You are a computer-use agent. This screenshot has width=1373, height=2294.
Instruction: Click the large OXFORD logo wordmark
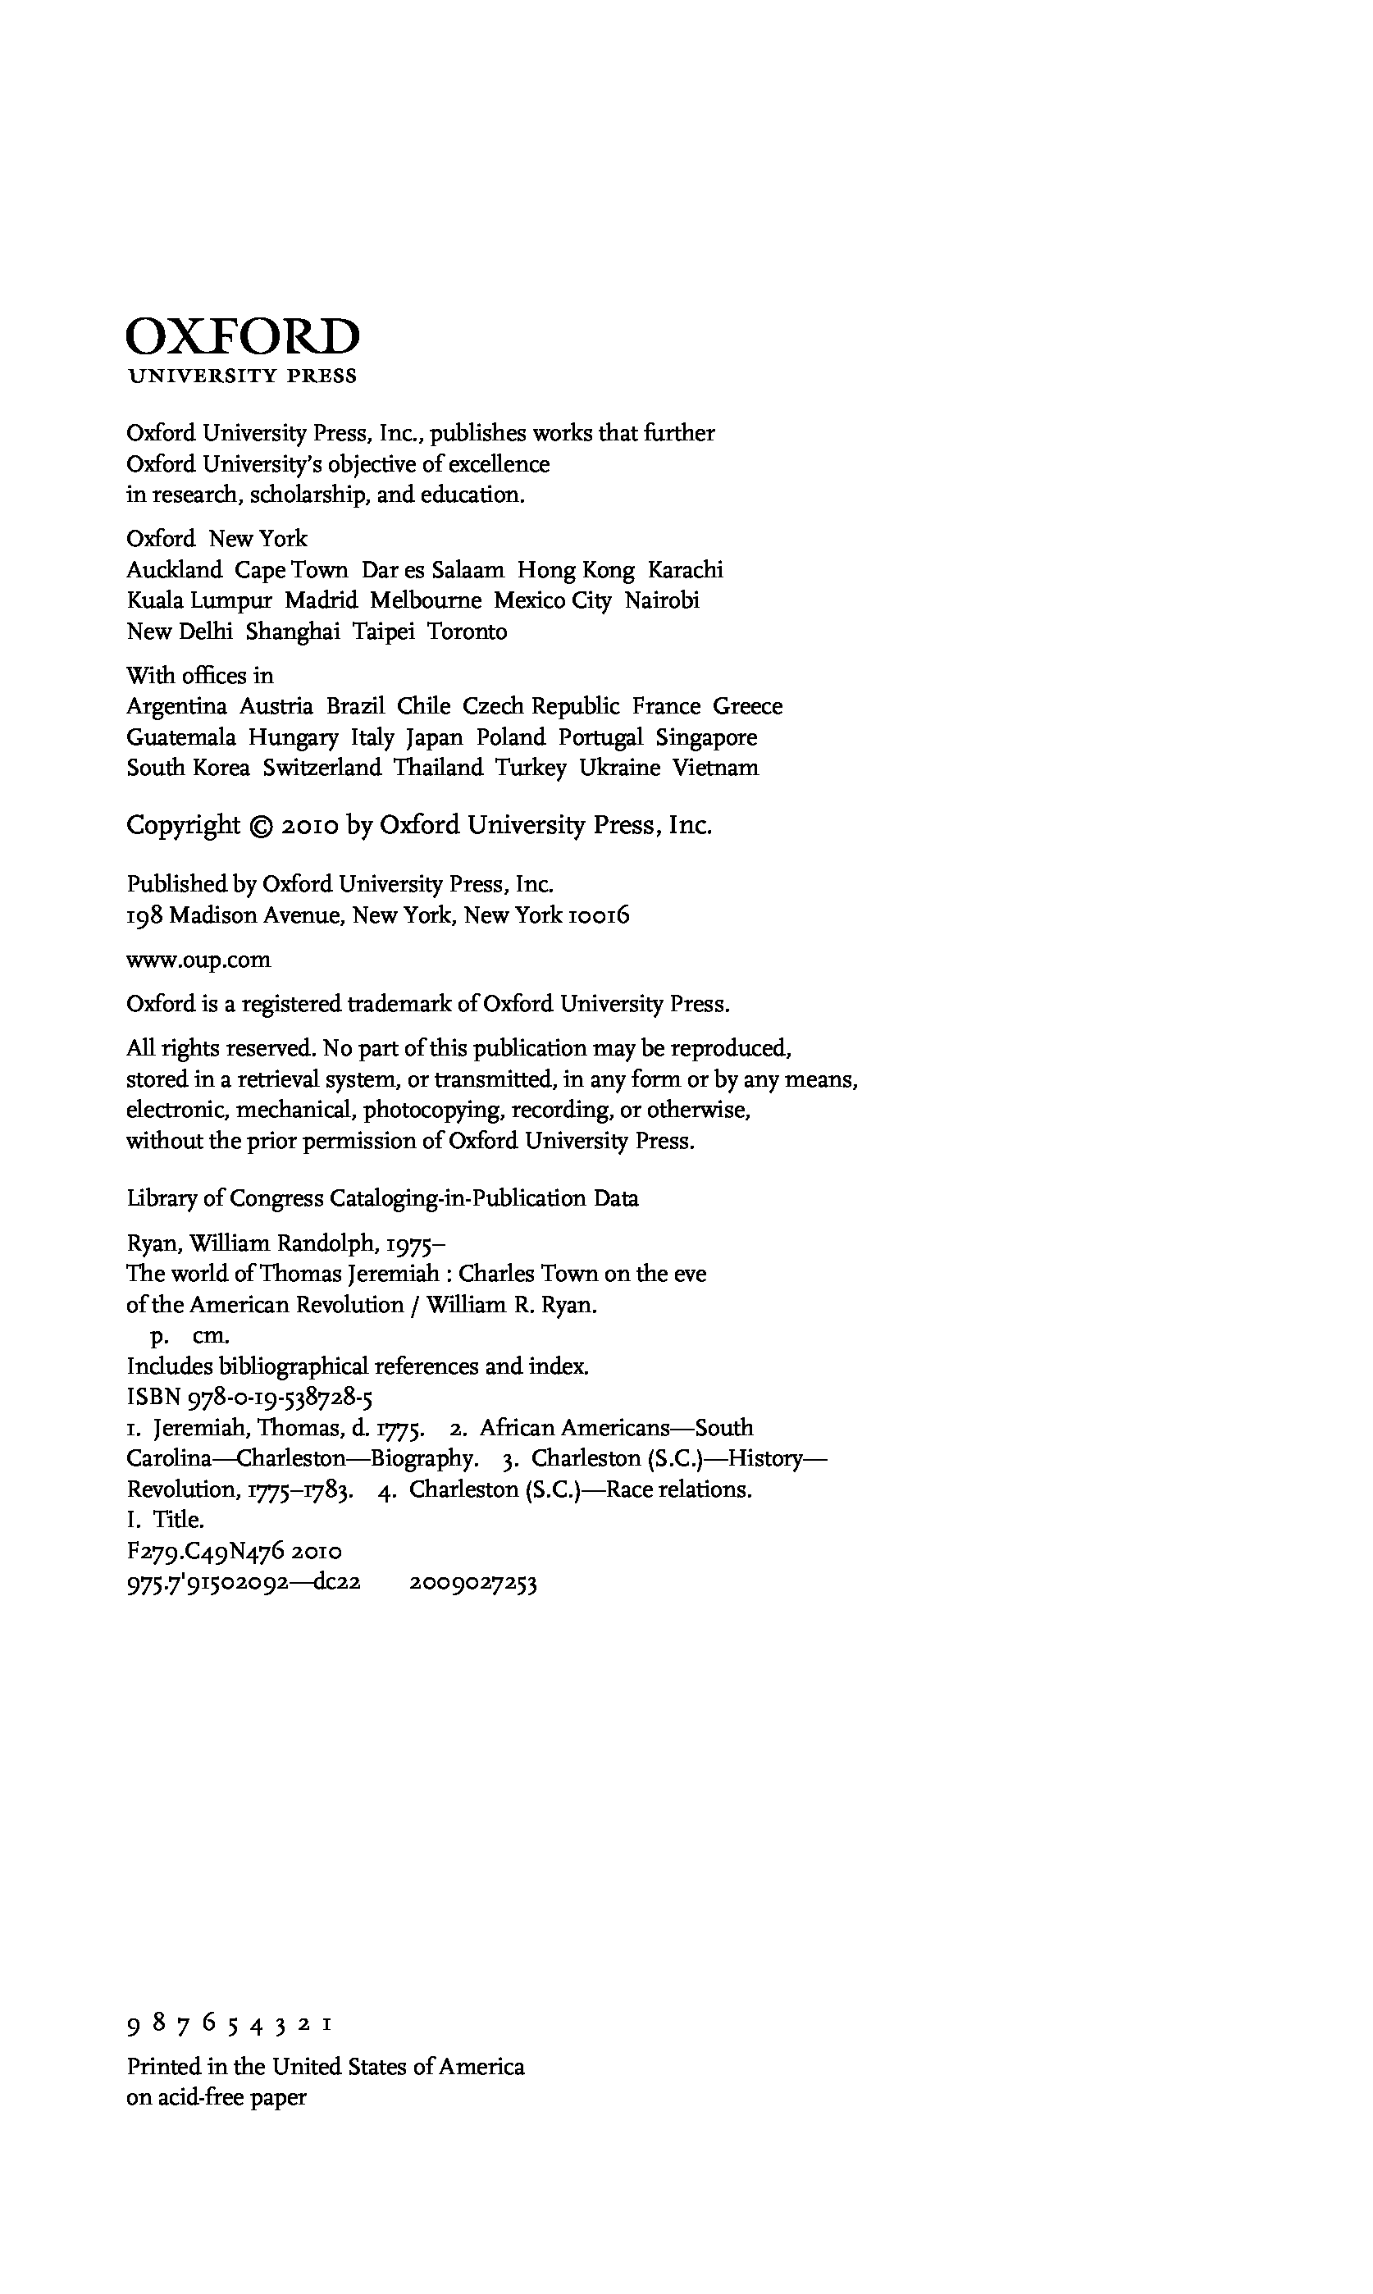point(243,338)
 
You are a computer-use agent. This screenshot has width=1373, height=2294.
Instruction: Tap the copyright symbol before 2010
point(261,826)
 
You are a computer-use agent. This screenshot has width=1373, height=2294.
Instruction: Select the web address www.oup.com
point(198,960)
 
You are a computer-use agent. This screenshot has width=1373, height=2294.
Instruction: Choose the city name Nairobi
point(662,600)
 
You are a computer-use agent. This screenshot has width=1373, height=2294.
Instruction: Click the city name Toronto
point(467,632)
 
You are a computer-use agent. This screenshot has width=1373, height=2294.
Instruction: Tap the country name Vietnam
point(715,768)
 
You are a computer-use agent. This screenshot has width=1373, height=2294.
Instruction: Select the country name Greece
point(746,707)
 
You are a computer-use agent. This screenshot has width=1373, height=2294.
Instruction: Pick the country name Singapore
point(706,737)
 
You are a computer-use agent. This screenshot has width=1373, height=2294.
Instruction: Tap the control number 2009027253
point(472,1583)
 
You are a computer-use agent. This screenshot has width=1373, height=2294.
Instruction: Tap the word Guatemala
point(180,737)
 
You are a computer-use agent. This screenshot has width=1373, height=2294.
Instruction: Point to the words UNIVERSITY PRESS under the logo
point(243,376)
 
